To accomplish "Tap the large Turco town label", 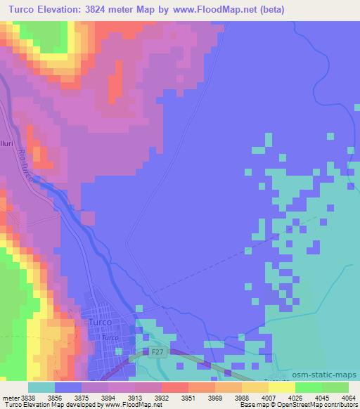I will click(x=100, y=322).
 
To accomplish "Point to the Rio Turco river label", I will click(x=26, y=168).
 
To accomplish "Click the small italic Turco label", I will click(x=109, y=338).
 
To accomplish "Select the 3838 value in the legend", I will click(x=28, y=397).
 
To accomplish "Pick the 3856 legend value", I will click(x=55, y=397).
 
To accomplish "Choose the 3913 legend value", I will click(x=135, y=397).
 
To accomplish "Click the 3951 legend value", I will click(x=188, y=397).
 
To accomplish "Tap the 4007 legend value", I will click(x=269, y=397).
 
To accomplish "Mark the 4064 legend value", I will click(x=349, y=397).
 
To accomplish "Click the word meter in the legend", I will click(x=10, y=397).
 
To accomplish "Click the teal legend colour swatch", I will click(x=41, y=387).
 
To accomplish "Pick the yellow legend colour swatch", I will click(x=282, y=387).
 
